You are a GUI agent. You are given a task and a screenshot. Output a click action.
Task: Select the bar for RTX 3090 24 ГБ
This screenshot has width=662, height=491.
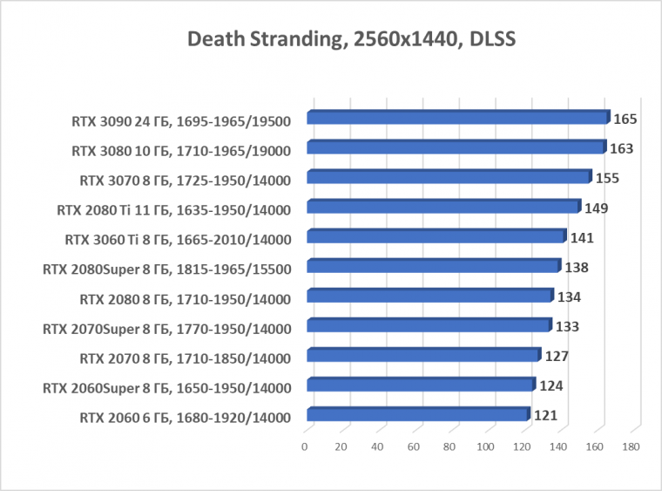point(457,118)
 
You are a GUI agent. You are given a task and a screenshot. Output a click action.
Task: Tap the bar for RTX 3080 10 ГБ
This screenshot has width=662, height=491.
point(456,147)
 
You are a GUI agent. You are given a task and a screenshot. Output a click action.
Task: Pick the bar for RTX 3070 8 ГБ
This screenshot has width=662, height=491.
point(449,177)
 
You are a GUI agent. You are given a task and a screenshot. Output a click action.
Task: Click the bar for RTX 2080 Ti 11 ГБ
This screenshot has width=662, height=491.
point(442,207)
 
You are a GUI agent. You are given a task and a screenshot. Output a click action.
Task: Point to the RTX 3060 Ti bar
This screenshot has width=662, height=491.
point(436,236)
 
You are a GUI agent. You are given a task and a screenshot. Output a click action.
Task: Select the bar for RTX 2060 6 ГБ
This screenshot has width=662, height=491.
point(417,414)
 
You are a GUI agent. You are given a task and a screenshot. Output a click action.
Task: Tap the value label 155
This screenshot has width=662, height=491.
point(607,178)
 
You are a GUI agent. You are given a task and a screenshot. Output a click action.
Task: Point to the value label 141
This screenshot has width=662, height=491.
point(582,237)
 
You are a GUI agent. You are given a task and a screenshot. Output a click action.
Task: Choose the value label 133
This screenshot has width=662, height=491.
point(568,326)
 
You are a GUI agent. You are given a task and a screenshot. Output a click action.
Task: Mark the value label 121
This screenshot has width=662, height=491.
point(545,415)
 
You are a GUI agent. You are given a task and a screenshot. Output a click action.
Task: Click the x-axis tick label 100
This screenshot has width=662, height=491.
point(486,447)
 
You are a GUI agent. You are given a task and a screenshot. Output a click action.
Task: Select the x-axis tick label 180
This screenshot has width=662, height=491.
point(631,447)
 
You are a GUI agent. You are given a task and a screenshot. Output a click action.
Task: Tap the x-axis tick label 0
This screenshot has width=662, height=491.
point(305,447)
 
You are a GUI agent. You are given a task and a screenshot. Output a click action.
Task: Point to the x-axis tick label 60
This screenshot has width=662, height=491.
point(414,447)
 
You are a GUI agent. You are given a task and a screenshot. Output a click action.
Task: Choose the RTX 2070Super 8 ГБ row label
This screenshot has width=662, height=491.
point(166,329)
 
